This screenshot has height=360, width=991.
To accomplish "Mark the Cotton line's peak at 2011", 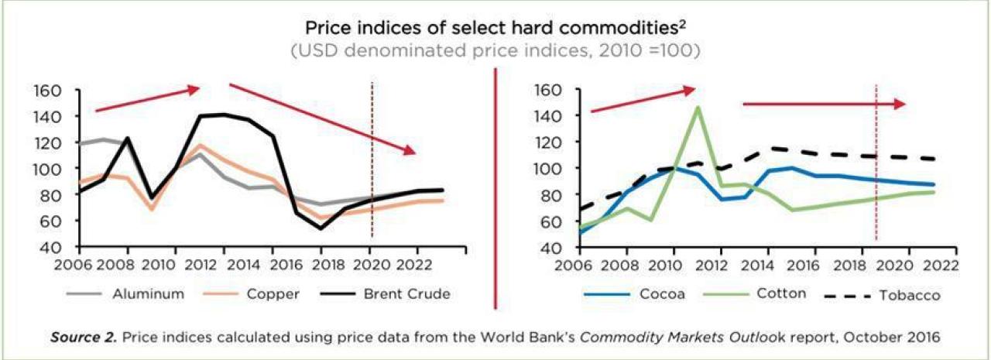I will coord(698,108).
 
